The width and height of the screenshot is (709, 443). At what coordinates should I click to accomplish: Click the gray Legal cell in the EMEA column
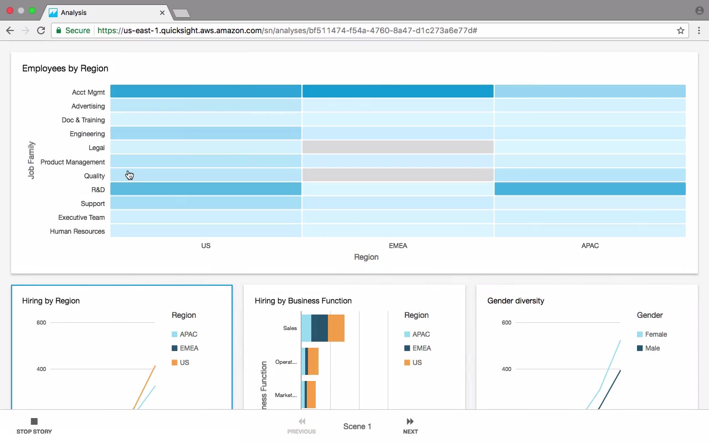click(398, 147)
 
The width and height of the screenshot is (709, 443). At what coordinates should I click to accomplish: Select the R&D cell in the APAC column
click(590, 189)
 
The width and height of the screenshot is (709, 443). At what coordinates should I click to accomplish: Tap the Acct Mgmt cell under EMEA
click(398, 91)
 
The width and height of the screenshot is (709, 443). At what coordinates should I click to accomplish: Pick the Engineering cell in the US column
click(205, 133)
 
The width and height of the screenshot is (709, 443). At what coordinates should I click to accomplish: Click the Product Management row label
click(73, 162)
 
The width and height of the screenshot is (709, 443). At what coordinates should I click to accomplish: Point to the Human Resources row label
click(77, 231)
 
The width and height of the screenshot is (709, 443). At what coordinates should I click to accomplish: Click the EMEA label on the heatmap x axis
click(398, 246)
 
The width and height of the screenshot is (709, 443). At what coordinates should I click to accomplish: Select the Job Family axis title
click(31, 160)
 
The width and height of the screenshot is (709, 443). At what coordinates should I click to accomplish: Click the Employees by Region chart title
click(65, 69)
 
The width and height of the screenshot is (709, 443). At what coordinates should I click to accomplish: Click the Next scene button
click(410, 425)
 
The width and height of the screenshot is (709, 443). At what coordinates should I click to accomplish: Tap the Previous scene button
click(301, 425)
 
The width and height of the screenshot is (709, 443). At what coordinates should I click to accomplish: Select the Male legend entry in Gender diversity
click(652, 348)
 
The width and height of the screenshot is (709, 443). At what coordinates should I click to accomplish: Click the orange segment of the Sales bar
click(336, 328)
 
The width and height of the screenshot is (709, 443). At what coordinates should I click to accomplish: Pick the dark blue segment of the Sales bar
click(320, 328)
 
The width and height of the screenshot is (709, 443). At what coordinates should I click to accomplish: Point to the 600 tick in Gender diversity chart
click(506, 322)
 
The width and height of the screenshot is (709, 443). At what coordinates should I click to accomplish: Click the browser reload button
click(41, 30)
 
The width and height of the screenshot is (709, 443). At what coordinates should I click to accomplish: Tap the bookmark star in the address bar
click(681, 30)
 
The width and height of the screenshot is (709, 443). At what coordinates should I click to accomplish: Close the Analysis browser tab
click(162, 12)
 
